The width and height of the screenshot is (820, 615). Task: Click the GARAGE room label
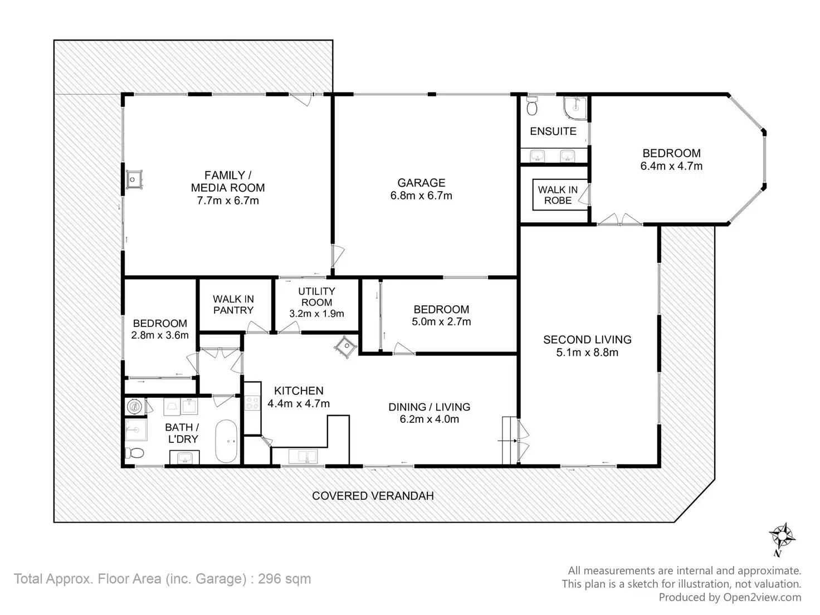pyautogui.click(x=421, y=183)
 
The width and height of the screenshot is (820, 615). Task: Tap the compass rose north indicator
pyautogui.click(x=782, y=537)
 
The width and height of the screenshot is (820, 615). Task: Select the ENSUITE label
pyautogui.click(x=553, y=131)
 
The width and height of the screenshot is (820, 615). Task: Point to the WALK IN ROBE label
pyautogui.click(x=558, y=195)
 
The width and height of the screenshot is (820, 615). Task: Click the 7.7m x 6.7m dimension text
pyautogui.click(x=228, y=201)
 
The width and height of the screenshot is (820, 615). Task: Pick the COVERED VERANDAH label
pyautogui.click(x=373, y=496)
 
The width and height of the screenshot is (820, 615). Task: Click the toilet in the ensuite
pyautogui.click(x=532, y=105)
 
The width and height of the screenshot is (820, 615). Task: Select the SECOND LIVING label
pyautogui.click(x=587, y=339)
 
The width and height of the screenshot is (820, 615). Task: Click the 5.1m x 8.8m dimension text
pyautogui.click(x=587, y=352)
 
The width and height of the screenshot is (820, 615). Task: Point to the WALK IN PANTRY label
pyautogui.click(x=233, y=305)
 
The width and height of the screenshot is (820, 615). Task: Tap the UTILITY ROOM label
pyautogui.click(x=316, y=296)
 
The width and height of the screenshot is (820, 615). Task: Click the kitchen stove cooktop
pyautogui.click(x=252, y=403)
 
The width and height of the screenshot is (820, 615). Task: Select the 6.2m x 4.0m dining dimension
pyautogui.click(x=429, y=419)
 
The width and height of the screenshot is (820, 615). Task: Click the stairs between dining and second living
pyautogui.click(x=509, y=440)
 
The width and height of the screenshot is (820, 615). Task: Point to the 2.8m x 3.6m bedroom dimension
pyautogui.click(x=160, y=335)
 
